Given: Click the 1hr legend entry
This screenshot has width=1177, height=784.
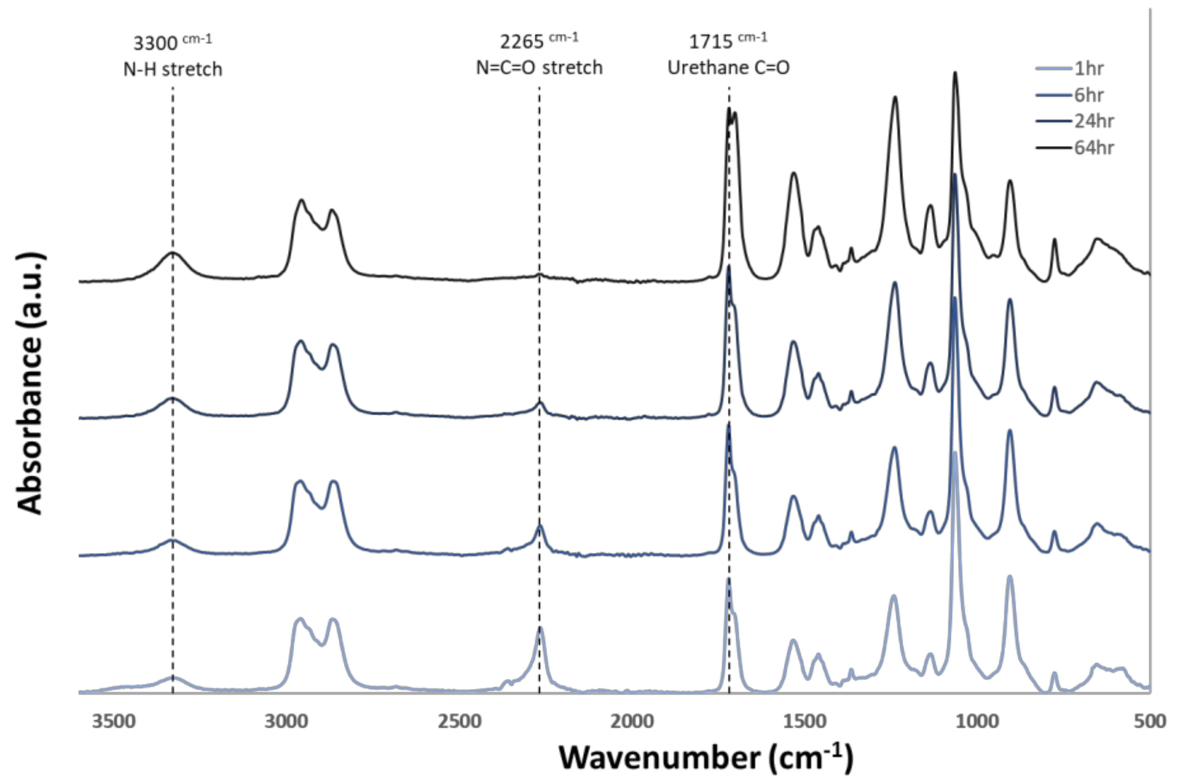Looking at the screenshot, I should click(x=1088, y=69).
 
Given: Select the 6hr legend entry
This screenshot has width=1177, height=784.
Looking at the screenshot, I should click(x=1088, y=95).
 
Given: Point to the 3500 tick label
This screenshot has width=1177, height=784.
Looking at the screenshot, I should click(x=114, y=721).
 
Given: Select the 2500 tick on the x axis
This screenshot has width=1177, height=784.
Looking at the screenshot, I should click(x=459, y=721).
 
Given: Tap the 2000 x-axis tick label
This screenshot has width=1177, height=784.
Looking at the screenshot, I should click(x=632, y=721).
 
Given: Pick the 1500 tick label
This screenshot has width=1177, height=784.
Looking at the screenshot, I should click(x=804, y=721).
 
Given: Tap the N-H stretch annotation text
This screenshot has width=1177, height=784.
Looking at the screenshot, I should click(x=172, y=69).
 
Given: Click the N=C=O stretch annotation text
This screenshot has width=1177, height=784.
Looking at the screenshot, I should click(x=539, y=67).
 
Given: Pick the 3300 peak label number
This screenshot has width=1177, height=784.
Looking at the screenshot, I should click(x=155, y=44).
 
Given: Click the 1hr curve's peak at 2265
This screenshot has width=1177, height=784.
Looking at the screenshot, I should click(x=540, y=628).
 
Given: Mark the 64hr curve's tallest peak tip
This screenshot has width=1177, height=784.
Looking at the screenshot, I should click(x=955, y=72).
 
